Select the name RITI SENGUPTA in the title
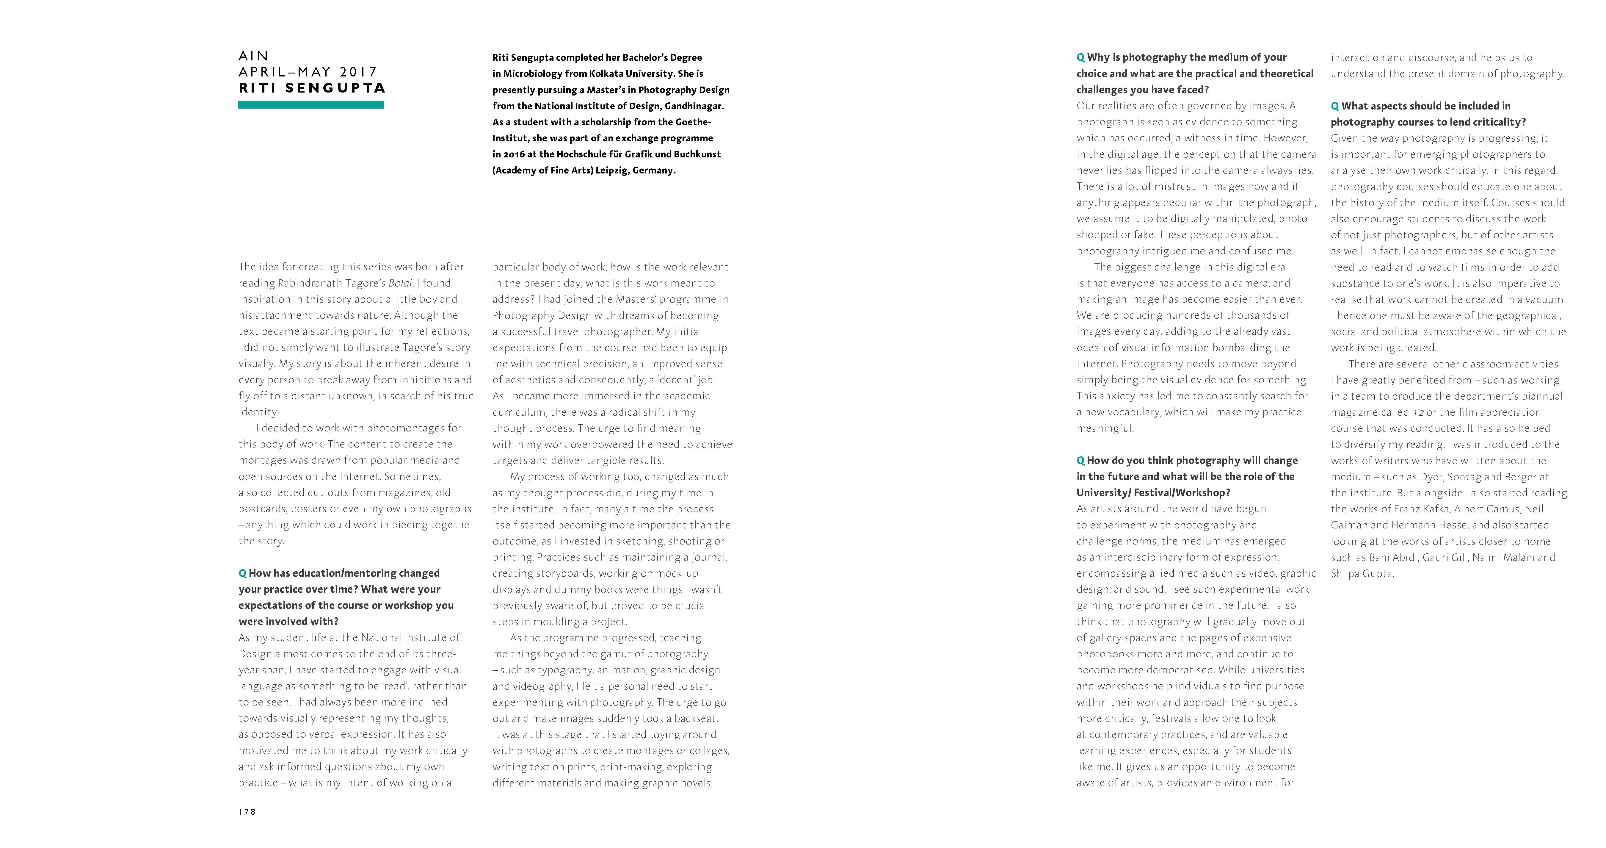coord(312,88)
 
